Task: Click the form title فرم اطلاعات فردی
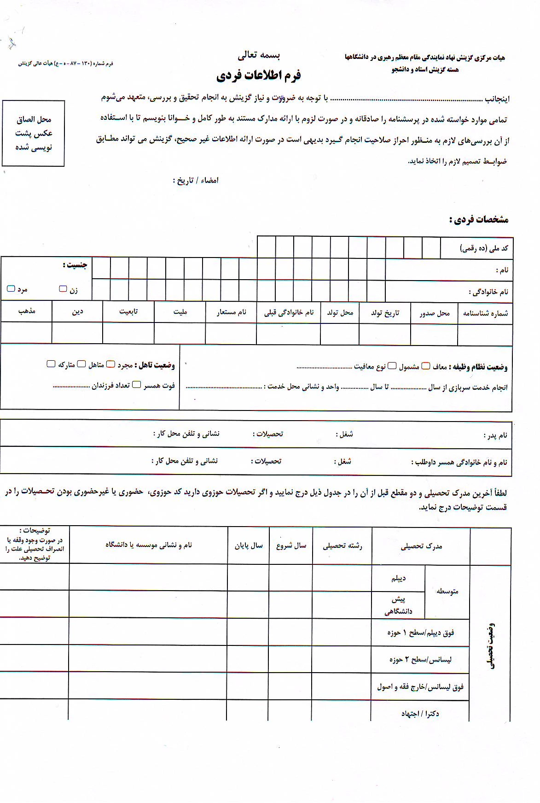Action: (x=258, y=75)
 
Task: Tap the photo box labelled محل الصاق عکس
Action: (x=34, y=133)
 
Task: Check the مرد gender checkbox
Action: (x=11, y=289)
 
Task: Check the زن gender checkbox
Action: (x=63, y=289)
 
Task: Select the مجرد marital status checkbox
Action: (x=111, y=364)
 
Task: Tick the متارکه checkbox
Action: (x=51, y=364)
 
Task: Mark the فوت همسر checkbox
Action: (x=137, y=385)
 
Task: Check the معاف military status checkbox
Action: (x=426, y=366)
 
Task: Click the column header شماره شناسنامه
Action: (x=485, y=313)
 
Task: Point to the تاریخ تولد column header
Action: (x=385, y=313)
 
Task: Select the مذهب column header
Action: (x=27, y=311)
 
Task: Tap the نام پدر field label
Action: (x=495, y=435)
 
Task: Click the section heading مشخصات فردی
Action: (x=479, y=220)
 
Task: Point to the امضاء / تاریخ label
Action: (x=196, y=181)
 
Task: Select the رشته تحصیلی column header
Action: (x=342, y=546)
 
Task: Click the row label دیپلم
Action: (x=398, y=578)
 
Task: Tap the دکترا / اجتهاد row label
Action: (x=420, y=714)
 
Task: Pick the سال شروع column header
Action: (x=291, y=546)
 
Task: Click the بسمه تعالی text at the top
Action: (x=259, y=56)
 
